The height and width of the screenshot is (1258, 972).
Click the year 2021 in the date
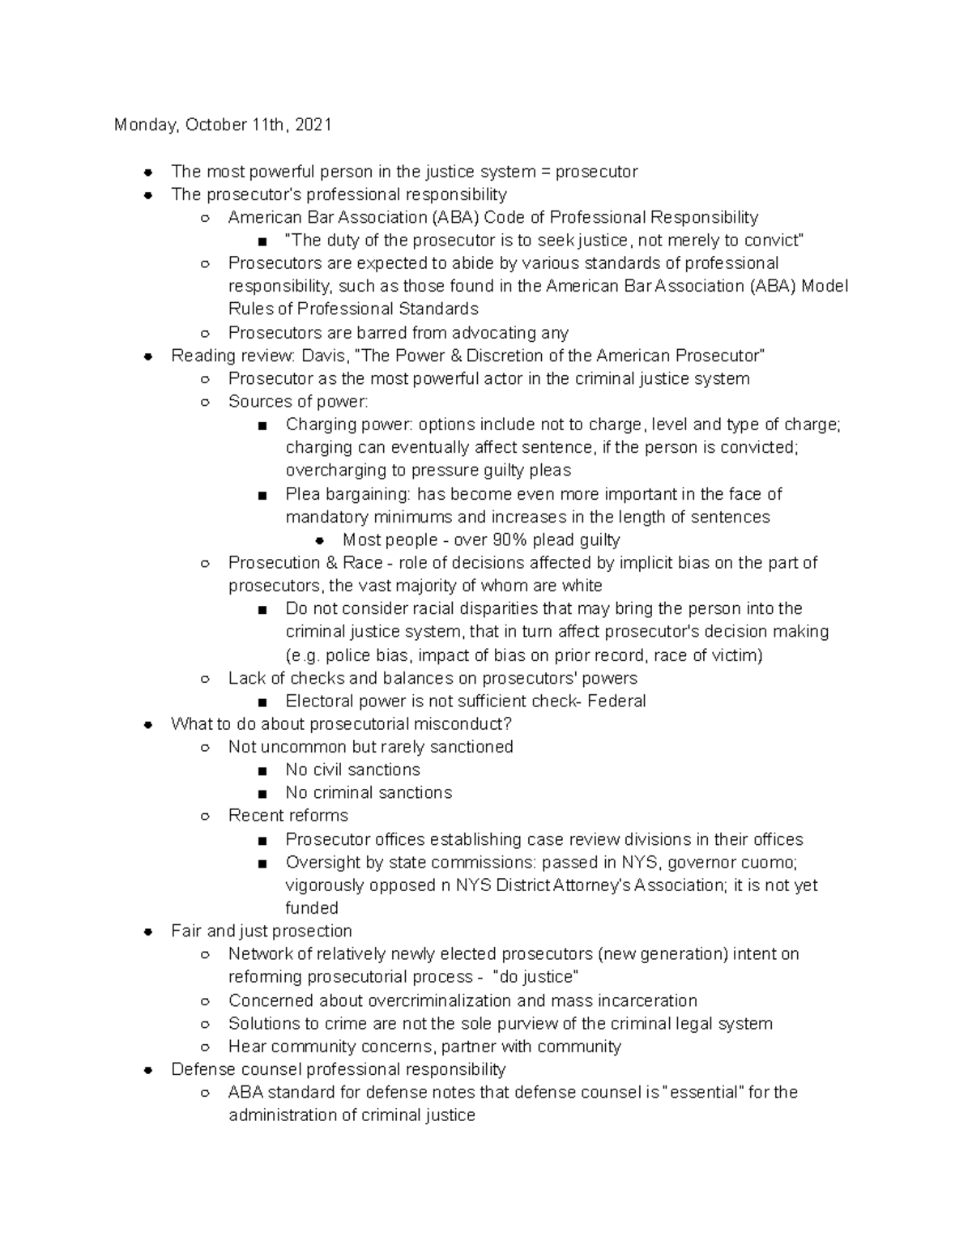[x=313, y=125]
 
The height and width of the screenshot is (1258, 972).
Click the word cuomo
[x=775, y=862]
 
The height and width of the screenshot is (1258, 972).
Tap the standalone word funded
[x=312, y=908]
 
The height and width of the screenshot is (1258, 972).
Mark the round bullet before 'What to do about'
[x=148, y=724]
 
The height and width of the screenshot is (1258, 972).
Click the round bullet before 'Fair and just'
[x=148, y=932]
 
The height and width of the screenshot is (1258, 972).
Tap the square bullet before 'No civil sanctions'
[x=262, y=770]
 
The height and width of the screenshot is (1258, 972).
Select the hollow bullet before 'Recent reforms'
[x=205, y=817]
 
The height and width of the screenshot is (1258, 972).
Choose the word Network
[x=260, y=954]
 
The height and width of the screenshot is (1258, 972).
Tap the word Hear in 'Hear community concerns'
[x=246, y=1047]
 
